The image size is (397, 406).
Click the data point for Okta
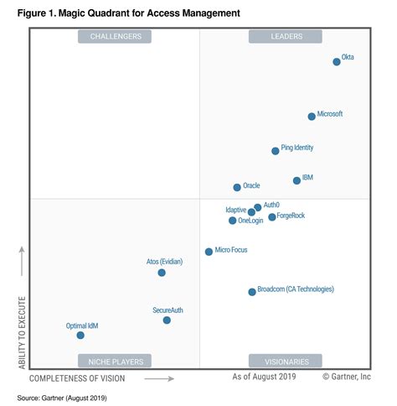point(337,61)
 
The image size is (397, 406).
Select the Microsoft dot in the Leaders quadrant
point(312,117)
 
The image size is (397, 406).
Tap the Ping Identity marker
point(276,151)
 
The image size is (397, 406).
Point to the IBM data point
point(296,180)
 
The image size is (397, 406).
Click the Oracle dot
point(237,187)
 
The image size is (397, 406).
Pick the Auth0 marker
point(258,207)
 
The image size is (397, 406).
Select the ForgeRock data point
point(272,217)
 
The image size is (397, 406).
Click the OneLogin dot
point(233,221)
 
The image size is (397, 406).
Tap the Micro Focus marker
point(209,252)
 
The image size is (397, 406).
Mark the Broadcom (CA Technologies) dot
point(252,292)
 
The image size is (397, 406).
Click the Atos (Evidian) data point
point(162,273)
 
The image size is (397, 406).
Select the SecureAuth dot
point(167,320)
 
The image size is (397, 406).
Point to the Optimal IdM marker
point(80,335)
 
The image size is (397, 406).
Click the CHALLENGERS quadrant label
point(115,36)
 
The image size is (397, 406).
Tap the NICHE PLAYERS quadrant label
point(115,362)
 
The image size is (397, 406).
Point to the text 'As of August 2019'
point(266,378)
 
